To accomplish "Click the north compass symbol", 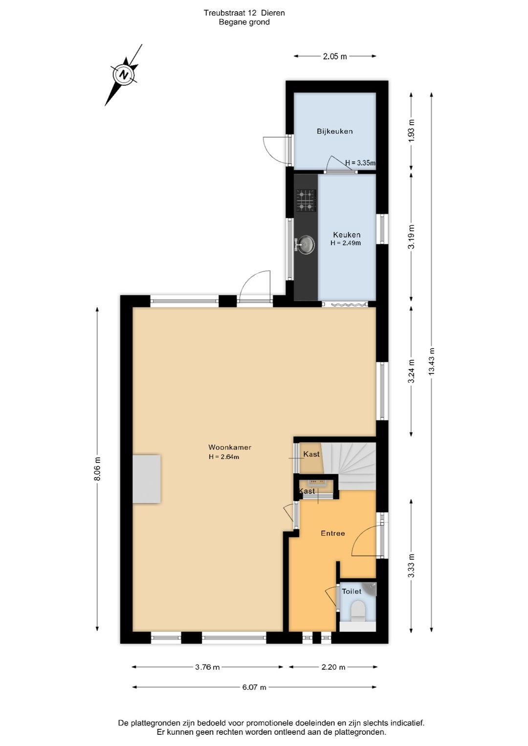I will click(x=124, y=75).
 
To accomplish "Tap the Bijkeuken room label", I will click(x=334, y=131).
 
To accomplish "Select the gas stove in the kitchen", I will click(x=306, y=200).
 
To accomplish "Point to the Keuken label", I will click(x=347, y=235).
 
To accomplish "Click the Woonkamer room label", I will click(x=230, y=447).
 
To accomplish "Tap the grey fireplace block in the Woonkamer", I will click(x=147, y=479).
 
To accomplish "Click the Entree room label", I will click(x=332, y=533).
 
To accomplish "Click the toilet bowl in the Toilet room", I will click(x=358, y=611).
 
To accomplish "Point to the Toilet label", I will click(x=352, y=592).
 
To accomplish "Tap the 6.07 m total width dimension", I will click(x=254, y=687).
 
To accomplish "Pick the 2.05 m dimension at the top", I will click(x=335, y=56).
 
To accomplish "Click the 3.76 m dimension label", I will click(x=207, y=667).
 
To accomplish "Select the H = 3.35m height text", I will click(x=360, y=163).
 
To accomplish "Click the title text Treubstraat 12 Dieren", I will click(x=244, y=13).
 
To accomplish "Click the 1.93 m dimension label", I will click(x=411, y=131).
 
